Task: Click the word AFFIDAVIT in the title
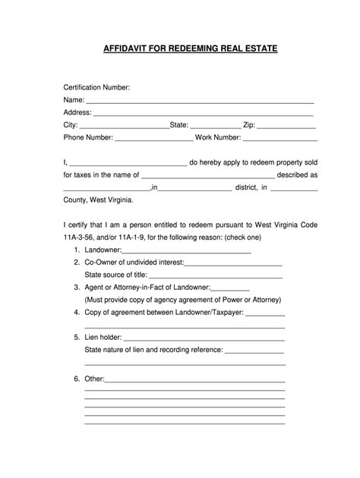click(x=126, y=49)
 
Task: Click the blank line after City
click(x=124, y=127)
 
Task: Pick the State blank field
click(x=214, y=127)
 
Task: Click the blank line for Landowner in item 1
click(x=186, y=250)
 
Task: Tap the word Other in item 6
click(x=93, y=378)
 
